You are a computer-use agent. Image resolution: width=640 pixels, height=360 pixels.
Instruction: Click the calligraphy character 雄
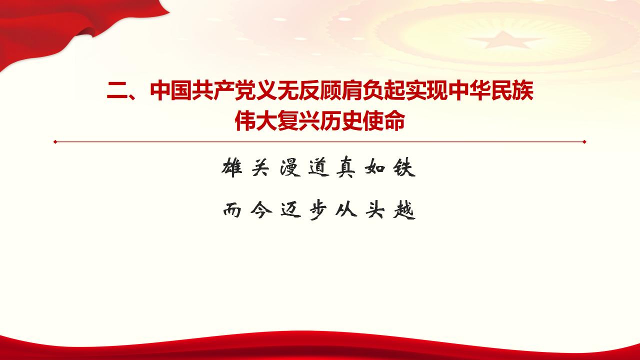coord(231,168)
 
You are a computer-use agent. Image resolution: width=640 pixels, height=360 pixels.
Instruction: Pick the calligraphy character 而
coord(231,211)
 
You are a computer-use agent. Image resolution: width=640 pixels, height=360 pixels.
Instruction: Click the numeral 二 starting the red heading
coord(117,92)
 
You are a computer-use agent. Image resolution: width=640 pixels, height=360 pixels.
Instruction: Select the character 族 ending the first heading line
coord(522,92)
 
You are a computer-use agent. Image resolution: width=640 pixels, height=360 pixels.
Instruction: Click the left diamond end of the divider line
coord(55,141)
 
